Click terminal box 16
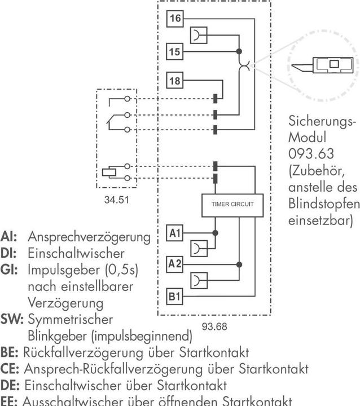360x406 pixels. [x=175, y=19]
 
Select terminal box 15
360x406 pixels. [x=175, y=51]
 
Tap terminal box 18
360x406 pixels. [x=175, y=81]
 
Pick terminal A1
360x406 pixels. [x=175, y=232]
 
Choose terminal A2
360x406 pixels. [x=175, y=263]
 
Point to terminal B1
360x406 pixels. [x=175, y=295]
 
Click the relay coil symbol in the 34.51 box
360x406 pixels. [x=109, y=171]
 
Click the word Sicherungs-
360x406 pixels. [x=318, y=122]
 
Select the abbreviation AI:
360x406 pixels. [x=8, y=236]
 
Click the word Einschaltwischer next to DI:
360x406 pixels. [x=68, y=253]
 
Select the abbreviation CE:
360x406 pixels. [x=11, y=369]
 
